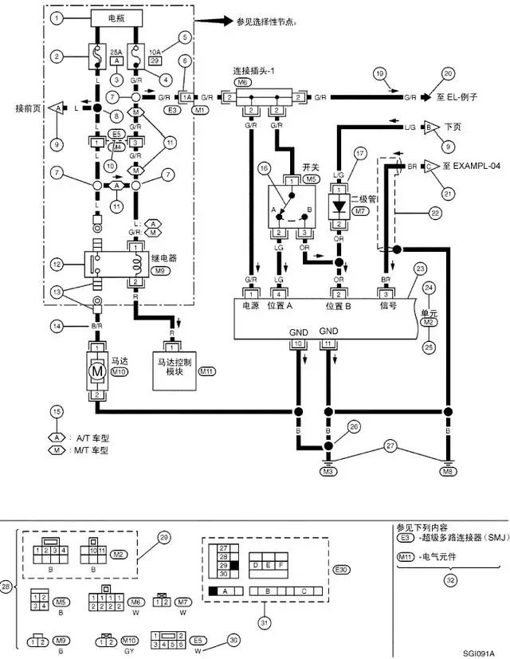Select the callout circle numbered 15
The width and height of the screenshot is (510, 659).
click(x=55, y=412)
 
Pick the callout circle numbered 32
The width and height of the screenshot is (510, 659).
click(x=451, y=580)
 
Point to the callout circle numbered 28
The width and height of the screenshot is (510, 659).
click(x=6, y=587)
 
